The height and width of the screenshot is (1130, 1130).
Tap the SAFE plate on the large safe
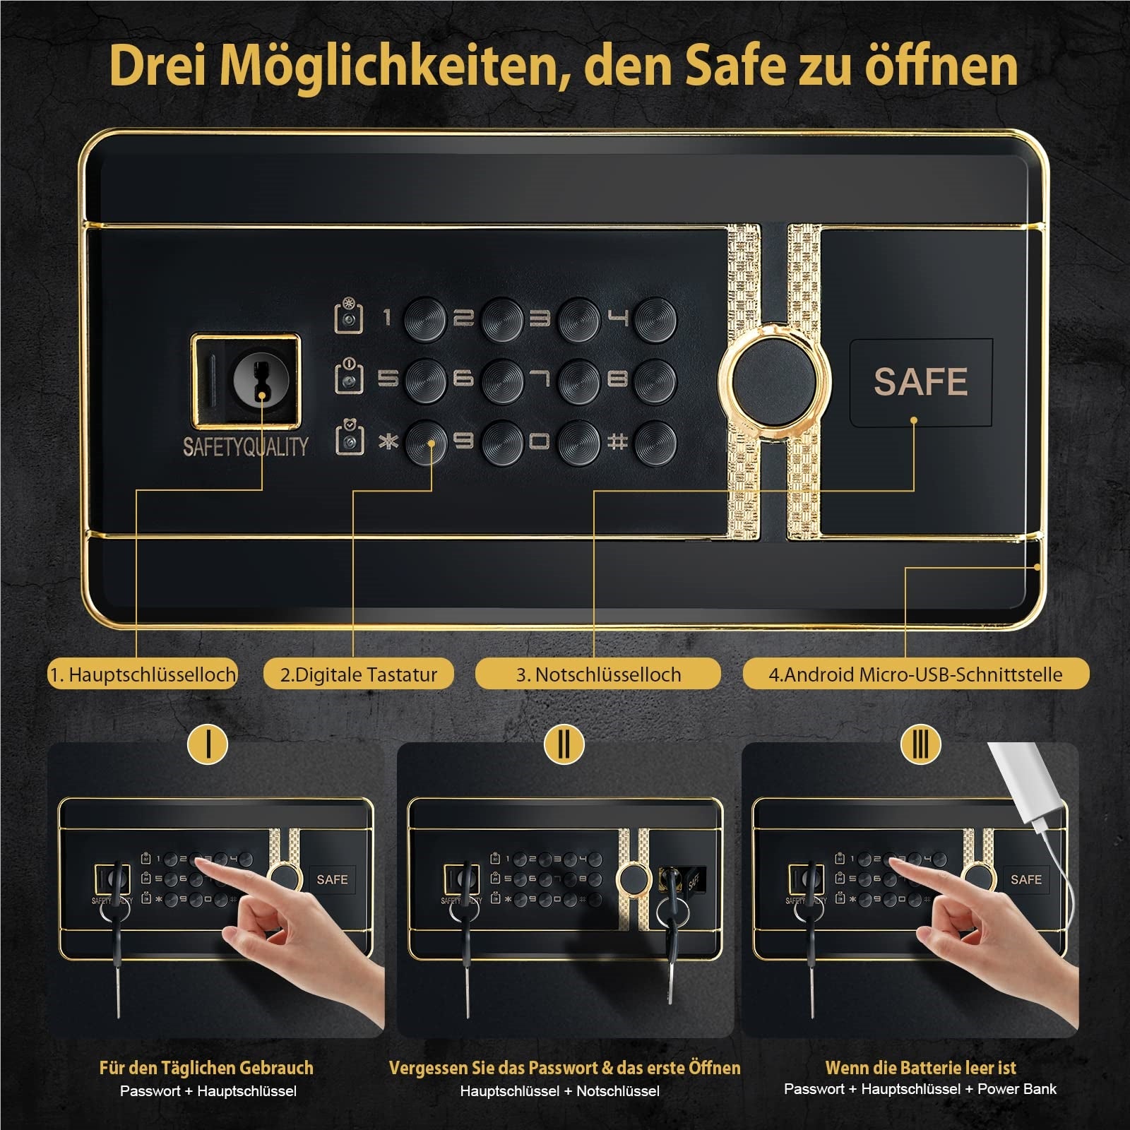(x=921, y=382)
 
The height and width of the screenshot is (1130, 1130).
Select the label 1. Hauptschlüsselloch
(x=142, y=674)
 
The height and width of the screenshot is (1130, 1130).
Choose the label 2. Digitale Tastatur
(x=358, y=674)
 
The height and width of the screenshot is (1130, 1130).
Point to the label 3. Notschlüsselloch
(x=598, y=674)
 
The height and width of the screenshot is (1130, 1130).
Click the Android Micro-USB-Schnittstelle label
(x=916, y=674)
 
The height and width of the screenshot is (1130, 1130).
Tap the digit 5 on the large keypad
(x=386, y=380)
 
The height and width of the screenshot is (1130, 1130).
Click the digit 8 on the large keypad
(x=617, y=380)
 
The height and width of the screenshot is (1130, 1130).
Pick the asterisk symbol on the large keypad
(x=388, y=442)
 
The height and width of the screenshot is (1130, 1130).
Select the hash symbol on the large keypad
(x=617, y=442)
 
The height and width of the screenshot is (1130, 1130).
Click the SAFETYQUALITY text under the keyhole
(x=245, y=446)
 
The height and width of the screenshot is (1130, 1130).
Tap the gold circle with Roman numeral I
(x=208, y=743)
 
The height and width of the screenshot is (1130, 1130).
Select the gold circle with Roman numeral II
(x=564, y=743)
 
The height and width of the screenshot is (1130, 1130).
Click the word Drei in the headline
(x=157, y=66)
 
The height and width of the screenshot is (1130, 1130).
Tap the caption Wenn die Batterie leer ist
(x=920, y=1067)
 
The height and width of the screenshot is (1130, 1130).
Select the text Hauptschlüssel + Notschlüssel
(x=559, y=1091)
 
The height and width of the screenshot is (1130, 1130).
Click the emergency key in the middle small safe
(x=670, y=939)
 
